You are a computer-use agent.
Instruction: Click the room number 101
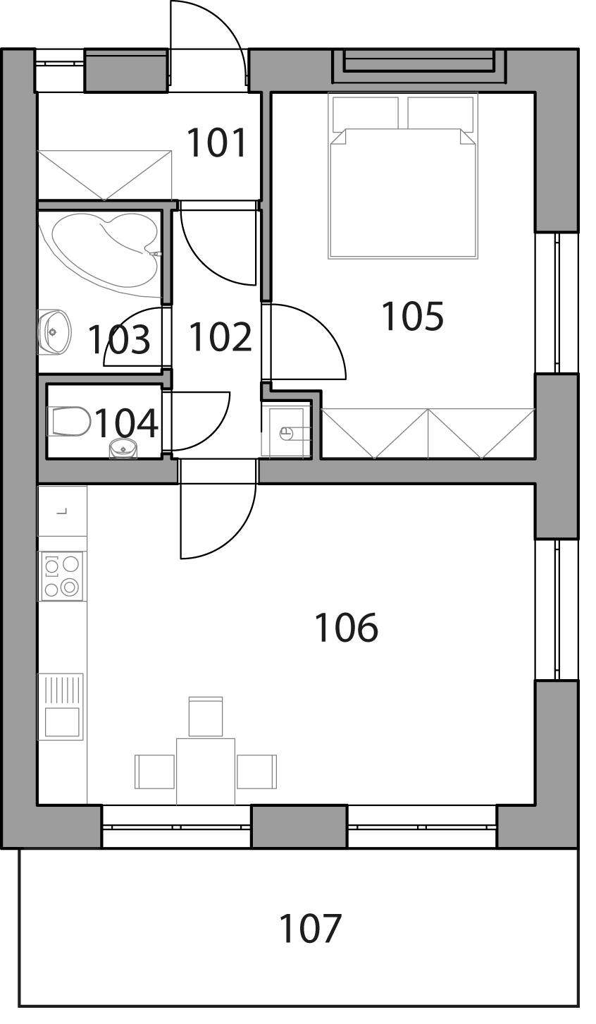[217, 142]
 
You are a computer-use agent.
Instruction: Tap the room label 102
[220, 337]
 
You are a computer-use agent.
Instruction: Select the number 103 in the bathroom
[119, 339]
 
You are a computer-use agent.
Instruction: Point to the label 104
[126, 423]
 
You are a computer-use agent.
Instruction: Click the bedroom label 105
[412, 316]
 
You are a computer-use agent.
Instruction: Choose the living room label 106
[346, 628]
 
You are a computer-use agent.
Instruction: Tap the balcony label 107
[310, 929]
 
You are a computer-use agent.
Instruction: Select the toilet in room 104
[69, 421]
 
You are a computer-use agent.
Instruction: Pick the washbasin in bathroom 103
[54, 332]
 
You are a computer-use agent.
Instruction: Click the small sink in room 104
[123, 449]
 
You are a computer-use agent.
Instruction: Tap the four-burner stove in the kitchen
[62, 576]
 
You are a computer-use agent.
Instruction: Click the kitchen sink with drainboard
[61, 706]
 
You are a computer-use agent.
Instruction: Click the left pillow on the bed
[366, 112]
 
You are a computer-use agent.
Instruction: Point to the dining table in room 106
[206, 772]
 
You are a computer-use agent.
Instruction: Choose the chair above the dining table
[206, 717]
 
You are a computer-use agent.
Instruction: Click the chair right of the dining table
[256, 772]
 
